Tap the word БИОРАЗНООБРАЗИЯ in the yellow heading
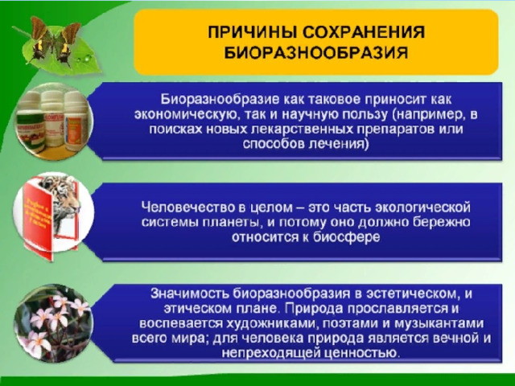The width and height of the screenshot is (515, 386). [316, 52]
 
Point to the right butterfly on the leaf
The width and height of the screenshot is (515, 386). [68, 42]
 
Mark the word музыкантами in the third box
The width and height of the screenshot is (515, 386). [439, 323]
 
